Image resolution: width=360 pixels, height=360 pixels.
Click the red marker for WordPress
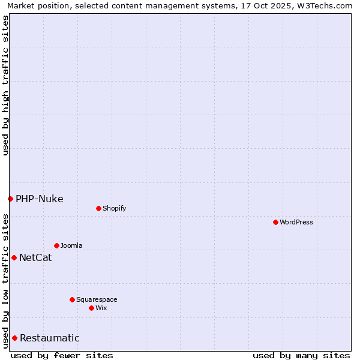(275, 222)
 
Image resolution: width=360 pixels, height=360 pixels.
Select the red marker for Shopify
(98, 208)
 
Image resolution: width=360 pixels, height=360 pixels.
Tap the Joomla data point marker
(56, 245)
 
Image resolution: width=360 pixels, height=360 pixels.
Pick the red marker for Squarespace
(72, 299)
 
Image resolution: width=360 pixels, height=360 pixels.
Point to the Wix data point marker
(91, 308)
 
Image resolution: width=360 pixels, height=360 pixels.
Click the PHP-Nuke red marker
(10, 199)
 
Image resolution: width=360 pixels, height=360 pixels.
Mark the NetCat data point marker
(14, 257)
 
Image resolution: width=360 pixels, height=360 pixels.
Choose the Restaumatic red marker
(14, 338)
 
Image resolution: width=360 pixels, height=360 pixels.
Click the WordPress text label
(296, 222)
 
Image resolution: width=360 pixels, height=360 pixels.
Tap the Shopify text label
(115, 208)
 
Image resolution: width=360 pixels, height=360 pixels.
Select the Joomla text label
(71, 245)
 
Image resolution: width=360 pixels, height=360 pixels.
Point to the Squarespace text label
(97, 299)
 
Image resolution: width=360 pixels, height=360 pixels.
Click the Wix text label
(101, 308)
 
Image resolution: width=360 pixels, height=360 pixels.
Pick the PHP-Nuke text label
(40, 199)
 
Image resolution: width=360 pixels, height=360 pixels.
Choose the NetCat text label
(35, 258)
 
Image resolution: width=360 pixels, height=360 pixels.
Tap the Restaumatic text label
(50, 338)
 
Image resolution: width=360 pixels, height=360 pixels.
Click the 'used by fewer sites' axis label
(62, 355)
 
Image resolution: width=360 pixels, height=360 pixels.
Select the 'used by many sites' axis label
(301, 355)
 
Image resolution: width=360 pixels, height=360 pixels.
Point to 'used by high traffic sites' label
(5, 85)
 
